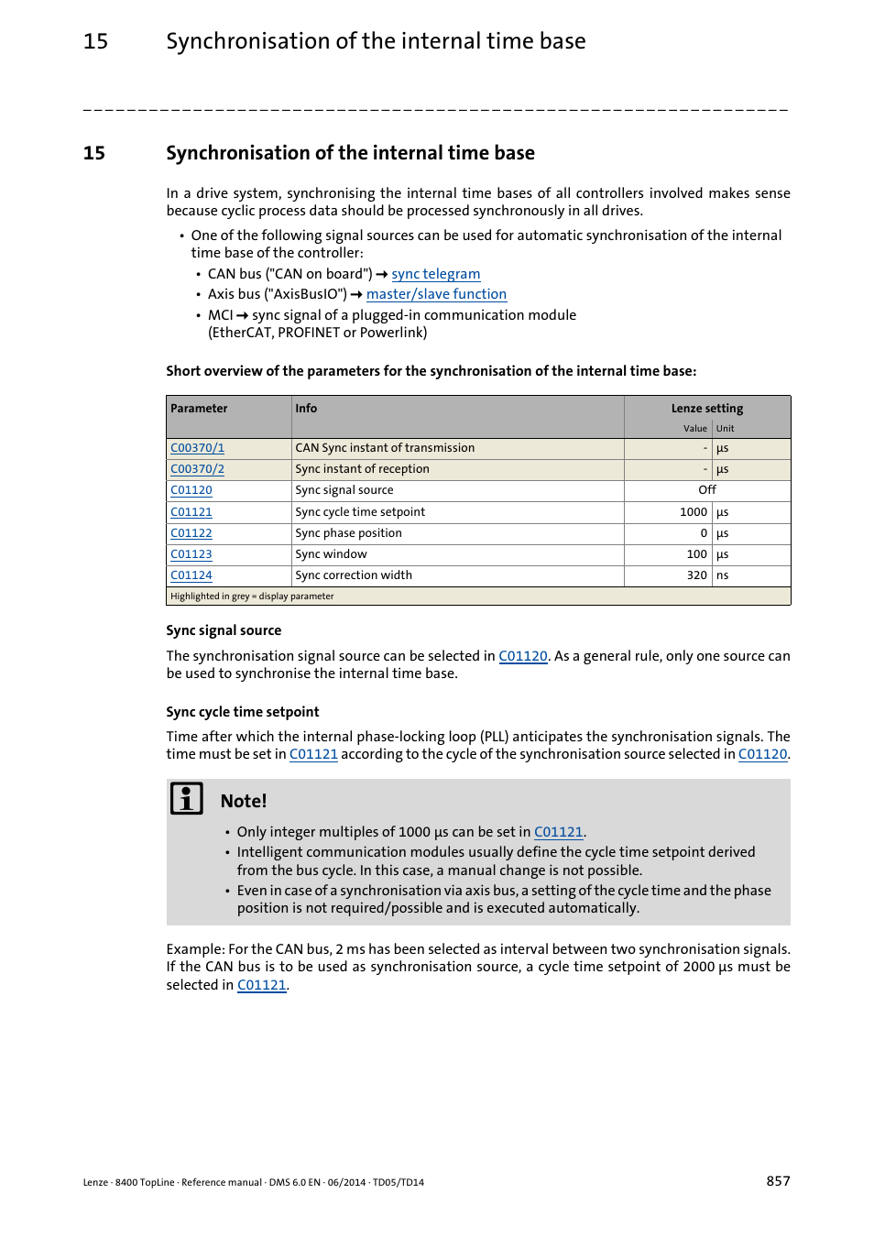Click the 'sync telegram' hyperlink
(435, 274)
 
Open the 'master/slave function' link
(436, 294)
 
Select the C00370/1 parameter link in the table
(197, 448)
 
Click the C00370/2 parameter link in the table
(197, 469)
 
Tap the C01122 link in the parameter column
(191, 533)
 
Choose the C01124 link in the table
(191, 575)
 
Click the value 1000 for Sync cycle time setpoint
(693, 512)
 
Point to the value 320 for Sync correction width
(696, 575)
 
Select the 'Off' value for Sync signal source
(706, 490)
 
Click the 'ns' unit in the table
(722, 575)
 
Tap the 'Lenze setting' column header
(706, 409)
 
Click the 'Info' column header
(306, 409)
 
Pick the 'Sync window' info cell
(331, 554)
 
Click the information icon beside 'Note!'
(187, 799)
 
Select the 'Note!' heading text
(244, 801)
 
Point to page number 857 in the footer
(778, 1181)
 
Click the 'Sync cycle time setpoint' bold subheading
(243, 712)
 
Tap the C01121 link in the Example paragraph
(261, 985)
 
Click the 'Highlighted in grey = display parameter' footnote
(252, 597)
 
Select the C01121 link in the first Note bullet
(558, 832)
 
